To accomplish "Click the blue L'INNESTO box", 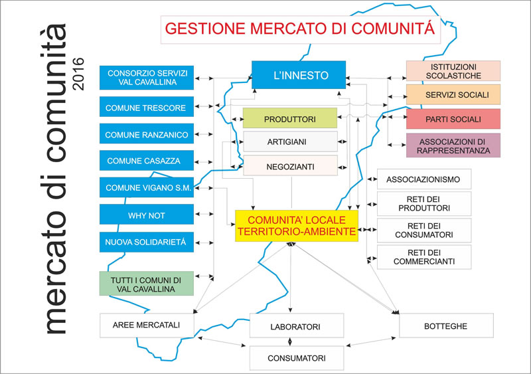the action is pyautogui.click(x=299, y=75).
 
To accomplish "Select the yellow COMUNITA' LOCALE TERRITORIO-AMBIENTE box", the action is pyautogui.click(x=297, y=226).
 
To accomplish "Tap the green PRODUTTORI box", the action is pyautogui.click(x=290, y=118).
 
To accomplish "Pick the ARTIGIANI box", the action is pyautogui.click(x=290, y=141).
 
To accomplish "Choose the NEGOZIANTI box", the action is pyautogui.click(x=290, y=165).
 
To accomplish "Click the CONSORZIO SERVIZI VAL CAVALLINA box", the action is pyautogui.click(x=147, y=78).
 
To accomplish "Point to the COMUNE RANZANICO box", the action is pyautogui.click(x=147, y=134).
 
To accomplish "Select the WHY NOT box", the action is pyautogui.click(x=147, y=215).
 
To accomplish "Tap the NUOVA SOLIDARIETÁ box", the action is pyautogui.click(x=147, y=242).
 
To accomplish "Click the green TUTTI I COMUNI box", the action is pyautogui.click(x=147, y=284).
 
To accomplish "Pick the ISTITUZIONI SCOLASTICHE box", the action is pyautogui.click(x=453, y=71).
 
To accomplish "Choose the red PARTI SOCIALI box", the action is pyautogui.click(x=453, y=119).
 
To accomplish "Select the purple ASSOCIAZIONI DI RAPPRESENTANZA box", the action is pyautogui.click(x=453, y=145).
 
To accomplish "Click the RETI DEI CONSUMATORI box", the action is pyautogui.click(x=424, y=231).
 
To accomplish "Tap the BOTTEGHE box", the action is pyautogui.click(x=446, y=326).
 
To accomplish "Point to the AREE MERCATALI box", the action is pyautogui.click(x=147, y=326).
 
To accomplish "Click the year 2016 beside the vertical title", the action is pyautogui.click(x=78, y=74).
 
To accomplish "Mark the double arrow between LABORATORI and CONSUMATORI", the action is pyautogui.click(x=289, y=341).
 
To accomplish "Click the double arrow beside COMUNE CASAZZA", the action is pyautogui.click(x=204, y=162).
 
